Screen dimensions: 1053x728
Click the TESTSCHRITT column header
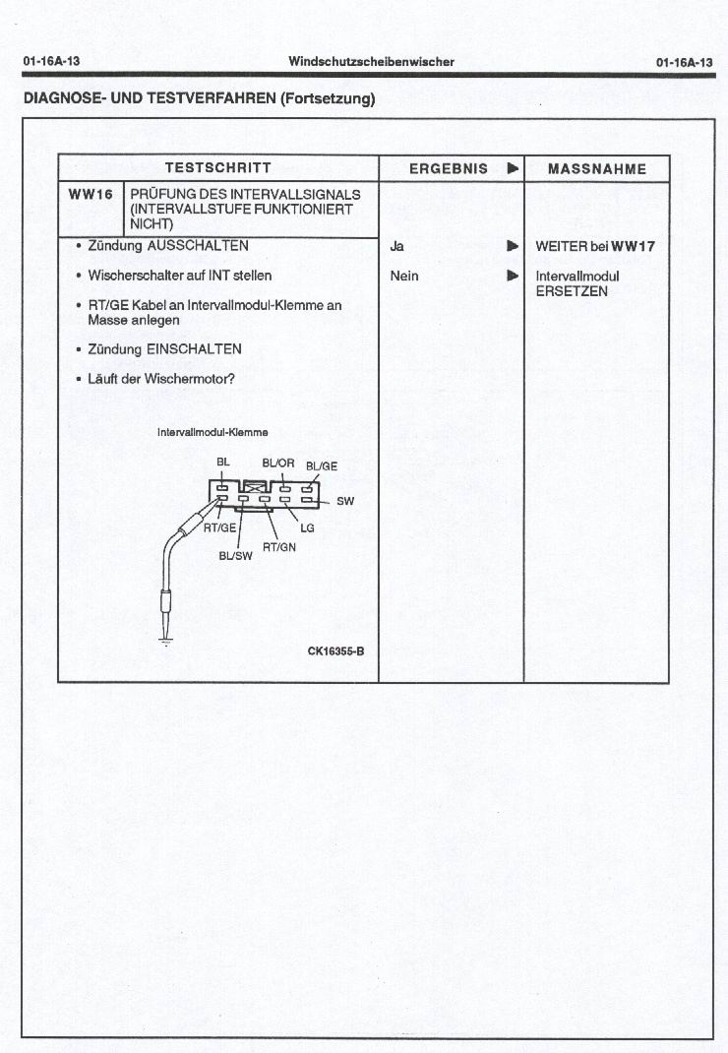click(217, 168)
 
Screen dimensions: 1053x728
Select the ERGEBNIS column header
click(449, 168)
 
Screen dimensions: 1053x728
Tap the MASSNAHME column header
click(597, 168)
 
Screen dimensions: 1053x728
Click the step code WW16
click(91, 194)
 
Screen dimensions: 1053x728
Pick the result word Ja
click(396, 246)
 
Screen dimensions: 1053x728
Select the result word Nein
click(403, 276)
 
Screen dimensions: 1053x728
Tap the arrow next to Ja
click(512, 246)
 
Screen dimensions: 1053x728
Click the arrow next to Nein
click(512, 276)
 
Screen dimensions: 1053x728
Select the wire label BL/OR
click(278, 463)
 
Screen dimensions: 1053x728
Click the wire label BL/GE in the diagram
click(322, 466)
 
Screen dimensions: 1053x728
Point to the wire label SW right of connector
click(345, 501)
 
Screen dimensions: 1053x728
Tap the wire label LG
click(307, 528)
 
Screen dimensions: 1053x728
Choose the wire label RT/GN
click(279, 547)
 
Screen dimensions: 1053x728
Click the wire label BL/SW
click(235, 555)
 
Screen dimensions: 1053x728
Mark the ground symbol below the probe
click(164, 642)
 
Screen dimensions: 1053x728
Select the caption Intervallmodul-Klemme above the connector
click(212, 433)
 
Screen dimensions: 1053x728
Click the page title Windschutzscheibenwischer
click(371, 61)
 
